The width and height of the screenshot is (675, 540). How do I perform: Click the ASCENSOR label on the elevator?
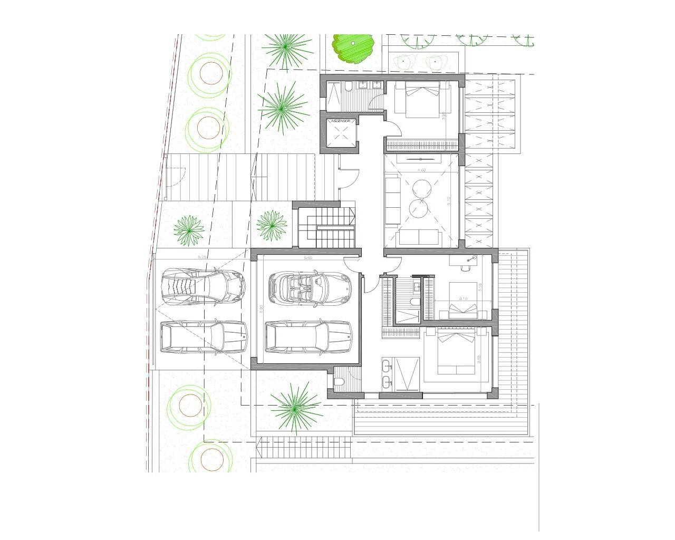(x=340, y=121)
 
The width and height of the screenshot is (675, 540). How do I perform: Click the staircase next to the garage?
(x=325, y=226)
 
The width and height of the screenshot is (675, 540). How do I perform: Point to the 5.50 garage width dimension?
(x=308, y=258)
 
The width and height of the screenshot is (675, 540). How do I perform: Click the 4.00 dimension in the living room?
(x=421, y=170)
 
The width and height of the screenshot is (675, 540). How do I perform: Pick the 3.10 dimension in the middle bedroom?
(x=464, y=299)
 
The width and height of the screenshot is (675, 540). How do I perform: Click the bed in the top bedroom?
(x=417, y=99)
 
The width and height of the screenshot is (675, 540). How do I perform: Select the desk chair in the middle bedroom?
(x=465, y=267)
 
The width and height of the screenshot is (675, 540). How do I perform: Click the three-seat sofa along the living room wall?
(x=392, y=199)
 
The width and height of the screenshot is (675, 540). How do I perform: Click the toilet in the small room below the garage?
(x=339, y=381)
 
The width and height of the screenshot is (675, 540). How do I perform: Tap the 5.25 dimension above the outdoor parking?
(x=201, y=257)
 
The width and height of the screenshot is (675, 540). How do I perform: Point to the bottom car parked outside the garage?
(x=204, y=336)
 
